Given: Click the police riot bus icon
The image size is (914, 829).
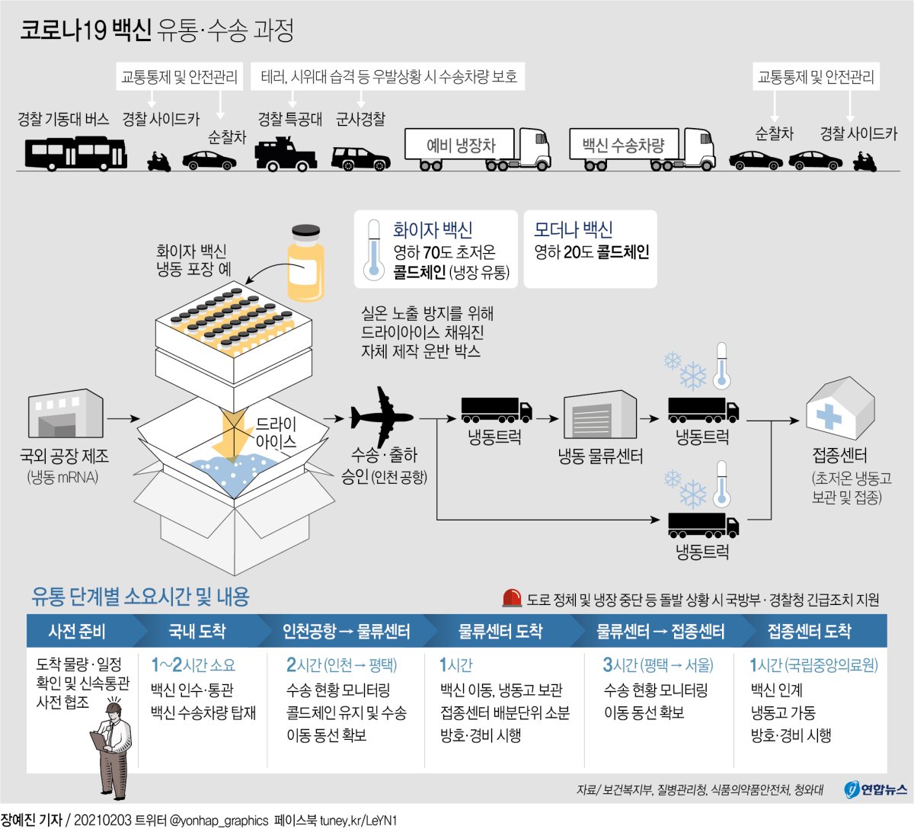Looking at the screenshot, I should (76, 152).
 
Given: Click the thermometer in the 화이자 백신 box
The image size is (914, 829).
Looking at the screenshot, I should (373, 249).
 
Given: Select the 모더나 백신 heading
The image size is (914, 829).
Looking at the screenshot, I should (573, 229).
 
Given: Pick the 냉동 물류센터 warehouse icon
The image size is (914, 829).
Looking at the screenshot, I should (600, 416).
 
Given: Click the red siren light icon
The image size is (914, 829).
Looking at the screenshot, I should (512, 599).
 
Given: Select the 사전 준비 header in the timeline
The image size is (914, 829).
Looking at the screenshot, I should (76, 631).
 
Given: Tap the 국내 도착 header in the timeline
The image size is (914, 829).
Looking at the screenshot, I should (197, 631).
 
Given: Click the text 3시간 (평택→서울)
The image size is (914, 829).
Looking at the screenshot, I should (658, 665).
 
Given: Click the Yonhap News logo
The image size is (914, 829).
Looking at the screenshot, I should (876, 789).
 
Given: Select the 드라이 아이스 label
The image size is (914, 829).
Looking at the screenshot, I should (276, 433).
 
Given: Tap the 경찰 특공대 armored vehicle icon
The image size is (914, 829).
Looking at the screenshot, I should (285, 153).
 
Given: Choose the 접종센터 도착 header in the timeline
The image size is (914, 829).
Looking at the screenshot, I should (809, 631).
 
